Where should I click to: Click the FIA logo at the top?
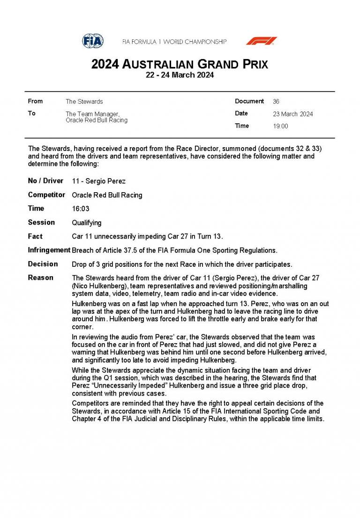click(x=93, y=41)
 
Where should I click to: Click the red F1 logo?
click(x=261, y=41)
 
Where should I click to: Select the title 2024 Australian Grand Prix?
click(x=180, y=64)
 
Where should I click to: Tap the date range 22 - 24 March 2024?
click(x=180, y=75)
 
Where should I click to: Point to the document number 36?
click(x=276, y=101)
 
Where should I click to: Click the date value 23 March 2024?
click(x=292, y=114)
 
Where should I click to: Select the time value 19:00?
click(x=280, y=126)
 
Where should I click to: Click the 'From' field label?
click(x=35, y=101)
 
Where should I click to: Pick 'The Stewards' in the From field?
click(x=84, y=101)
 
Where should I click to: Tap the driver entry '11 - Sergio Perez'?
click(x=98, y=181)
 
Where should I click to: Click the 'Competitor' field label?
click(x=46, y=195)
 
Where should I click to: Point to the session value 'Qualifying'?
click(x=86, y=223)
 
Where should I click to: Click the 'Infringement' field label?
click(x=49, y=250)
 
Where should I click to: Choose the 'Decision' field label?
click(x=43, y=264)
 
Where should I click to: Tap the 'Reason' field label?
click(x=40, y=278)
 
